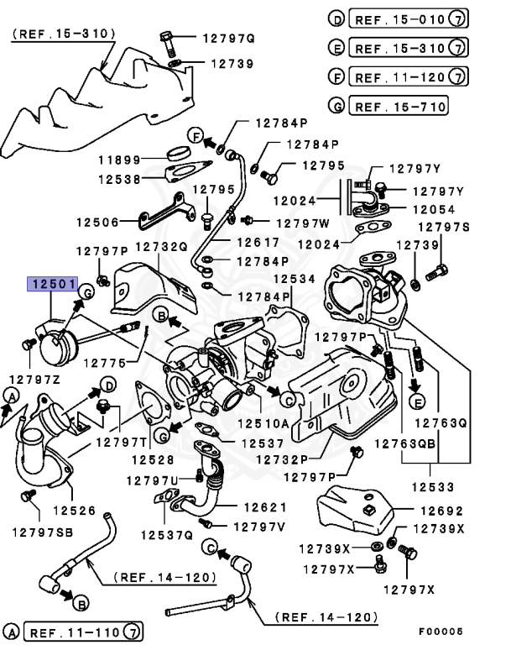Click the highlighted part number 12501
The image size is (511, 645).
(52, 284)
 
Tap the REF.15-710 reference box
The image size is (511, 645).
(399, 107)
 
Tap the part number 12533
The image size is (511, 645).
(433, 486)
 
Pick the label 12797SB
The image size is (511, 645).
(41, 531)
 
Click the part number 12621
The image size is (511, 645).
(265, 507)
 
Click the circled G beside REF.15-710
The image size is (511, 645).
(336, 107)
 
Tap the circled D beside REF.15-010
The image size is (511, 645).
(336, 19)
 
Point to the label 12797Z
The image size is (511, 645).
(35, 380)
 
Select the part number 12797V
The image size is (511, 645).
(258, 527)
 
